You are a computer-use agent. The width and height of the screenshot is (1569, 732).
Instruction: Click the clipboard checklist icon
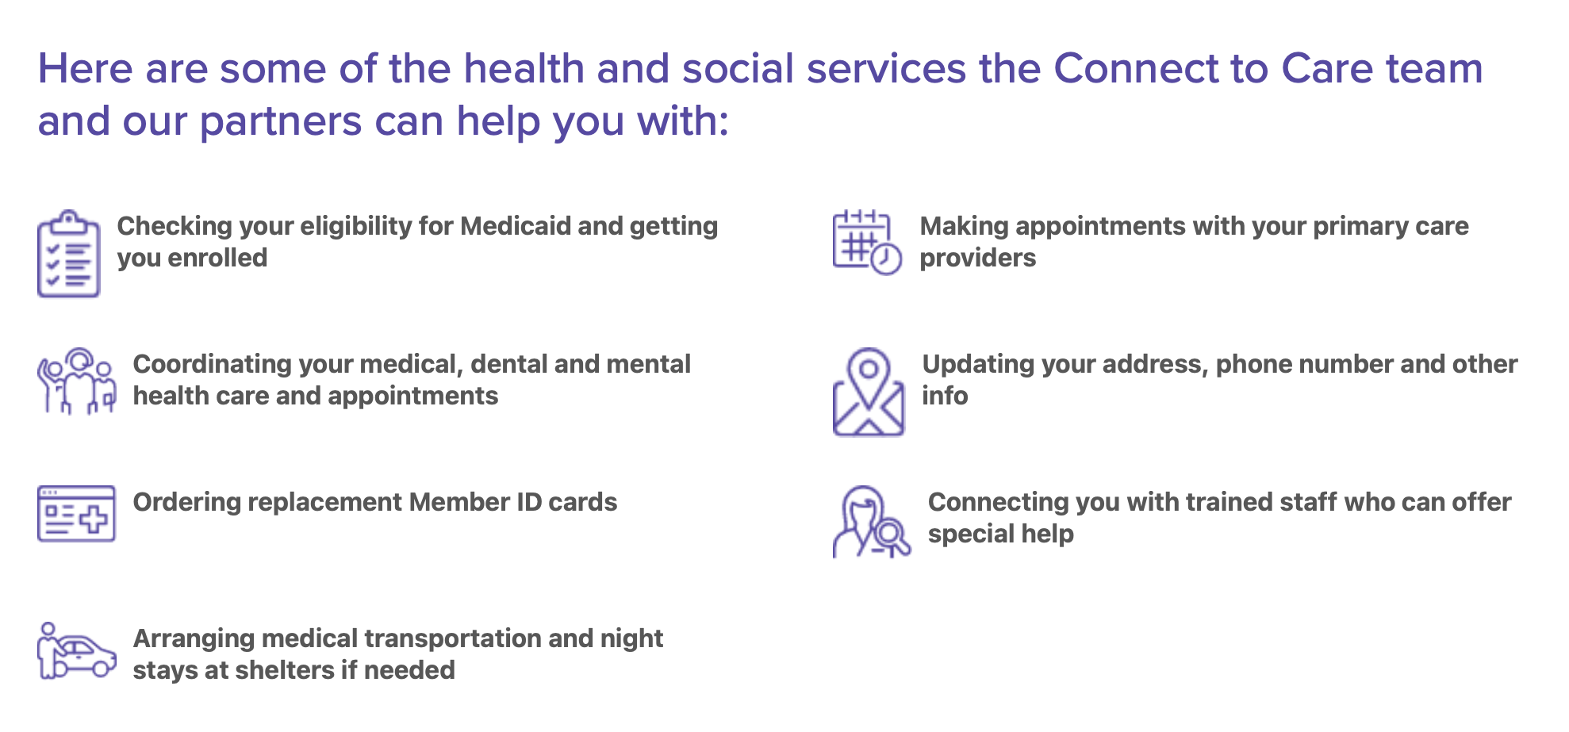pos(69,254)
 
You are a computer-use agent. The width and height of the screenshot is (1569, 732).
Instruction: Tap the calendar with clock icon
pos(867,242)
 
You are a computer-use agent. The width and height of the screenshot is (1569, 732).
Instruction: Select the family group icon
pos(77,381)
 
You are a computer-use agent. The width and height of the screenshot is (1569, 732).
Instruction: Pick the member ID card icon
pos(76,514)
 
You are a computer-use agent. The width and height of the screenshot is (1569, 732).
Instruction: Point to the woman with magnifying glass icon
pos(872,522)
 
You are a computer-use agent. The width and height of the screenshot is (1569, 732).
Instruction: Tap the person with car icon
pos(77,650)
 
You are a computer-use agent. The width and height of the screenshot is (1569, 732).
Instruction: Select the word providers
pos(978,259)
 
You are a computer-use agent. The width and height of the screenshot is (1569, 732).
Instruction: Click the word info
pos(945,396)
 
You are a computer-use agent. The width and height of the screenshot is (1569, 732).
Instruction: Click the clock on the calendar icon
pos(886,259)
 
